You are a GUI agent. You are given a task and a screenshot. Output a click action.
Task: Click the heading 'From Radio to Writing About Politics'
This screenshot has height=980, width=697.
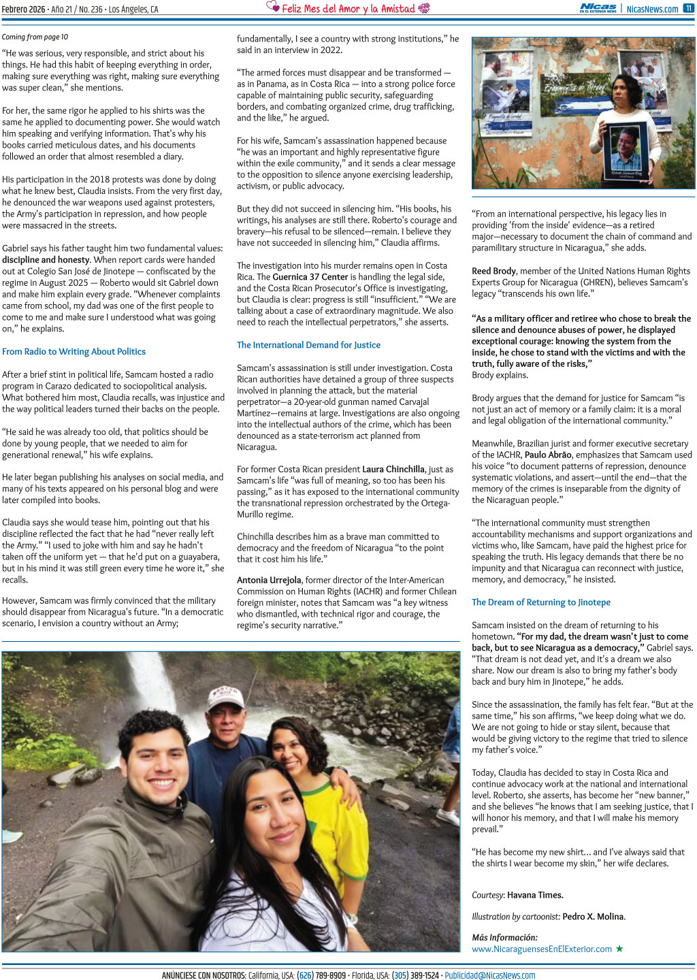point(74,352)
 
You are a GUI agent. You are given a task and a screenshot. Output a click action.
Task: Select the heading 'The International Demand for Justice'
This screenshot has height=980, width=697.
point(308,345)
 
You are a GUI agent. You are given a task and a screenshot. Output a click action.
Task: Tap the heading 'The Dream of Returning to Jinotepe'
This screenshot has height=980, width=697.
point(540,602)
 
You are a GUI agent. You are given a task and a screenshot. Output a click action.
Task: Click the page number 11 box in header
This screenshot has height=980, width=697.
point(688,8)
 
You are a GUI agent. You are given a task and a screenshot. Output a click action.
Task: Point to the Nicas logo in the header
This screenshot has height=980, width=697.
point(598,8)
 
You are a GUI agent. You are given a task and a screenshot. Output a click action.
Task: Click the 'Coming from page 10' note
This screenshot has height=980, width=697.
point(35,37)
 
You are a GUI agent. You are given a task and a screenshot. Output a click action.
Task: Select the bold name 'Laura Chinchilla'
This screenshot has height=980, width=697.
point(393,470)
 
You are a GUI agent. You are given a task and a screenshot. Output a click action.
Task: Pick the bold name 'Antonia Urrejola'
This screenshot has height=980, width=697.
point(269,581)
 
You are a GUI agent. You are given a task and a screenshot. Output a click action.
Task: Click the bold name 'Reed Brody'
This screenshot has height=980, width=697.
point(494,271)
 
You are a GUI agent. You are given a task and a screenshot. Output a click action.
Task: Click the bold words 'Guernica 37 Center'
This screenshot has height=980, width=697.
point(310,277)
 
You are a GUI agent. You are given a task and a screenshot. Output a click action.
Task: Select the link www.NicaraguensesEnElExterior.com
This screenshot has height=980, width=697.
point(542,949)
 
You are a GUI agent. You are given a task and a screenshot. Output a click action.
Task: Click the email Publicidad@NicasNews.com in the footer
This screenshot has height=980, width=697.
point(489,975)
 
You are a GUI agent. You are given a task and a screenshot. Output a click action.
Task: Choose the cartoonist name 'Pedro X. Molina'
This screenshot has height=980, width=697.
point(594,917)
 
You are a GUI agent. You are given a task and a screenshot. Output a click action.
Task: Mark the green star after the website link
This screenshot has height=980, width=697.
point(619,949)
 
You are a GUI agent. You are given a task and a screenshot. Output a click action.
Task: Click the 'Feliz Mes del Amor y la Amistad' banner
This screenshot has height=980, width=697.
point(348,8)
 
